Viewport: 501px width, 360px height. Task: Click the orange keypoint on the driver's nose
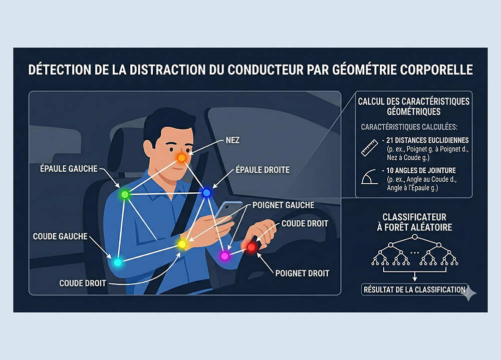coord(181,158)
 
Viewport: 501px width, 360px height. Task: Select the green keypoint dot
coord(125,194)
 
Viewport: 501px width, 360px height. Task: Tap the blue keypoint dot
coord(207,193)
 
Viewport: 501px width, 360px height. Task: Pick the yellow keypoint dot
coord(182,244)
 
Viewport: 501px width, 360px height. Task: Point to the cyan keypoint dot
coord(118,262)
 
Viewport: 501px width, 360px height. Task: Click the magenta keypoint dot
coord(225,256)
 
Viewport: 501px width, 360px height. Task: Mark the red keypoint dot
coord(252,247)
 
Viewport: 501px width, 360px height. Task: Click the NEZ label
coord(232,140)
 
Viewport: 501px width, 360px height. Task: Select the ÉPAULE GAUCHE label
coord(69,168)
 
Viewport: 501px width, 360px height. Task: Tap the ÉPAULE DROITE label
coord(263,170)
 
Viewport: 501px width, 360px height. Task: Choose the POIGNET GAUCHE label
coord(284,205)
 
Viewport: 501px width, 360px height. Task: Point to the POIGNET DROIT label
coord(302,273)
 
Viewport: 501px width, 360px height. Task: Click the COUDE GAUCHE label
coord(60,236)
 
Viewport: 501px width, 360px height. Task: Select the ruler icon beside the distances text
coord(369,148)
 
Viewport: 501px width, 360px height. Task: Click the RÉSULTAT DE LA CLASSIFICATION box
coord(414,290)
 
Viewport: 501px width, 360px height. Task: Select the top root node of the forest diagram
coord(415,237)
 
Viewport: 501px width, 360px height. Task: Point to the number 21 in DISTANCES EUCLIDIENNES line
coord(389,140)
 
